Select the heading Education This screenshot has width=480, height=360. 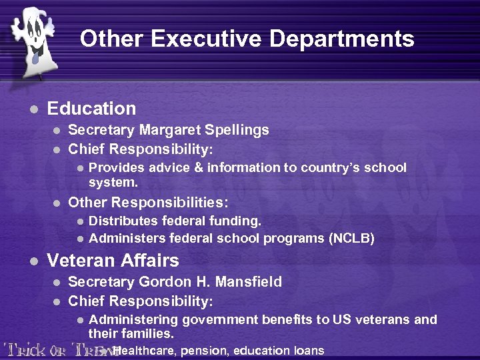click(91, 109)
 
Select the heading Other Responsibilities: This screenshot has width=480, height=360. click(148, 202)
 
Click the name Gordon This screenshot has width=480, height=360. click(155, 282)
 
